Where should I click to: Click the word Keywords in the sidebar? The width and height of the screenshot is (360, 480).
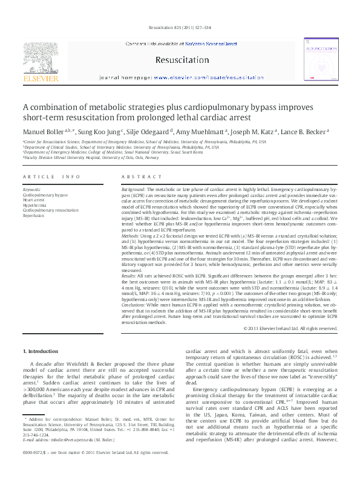point(31,190)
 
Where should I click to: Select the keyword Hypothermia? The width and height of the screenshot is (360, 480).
point(34,205)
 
